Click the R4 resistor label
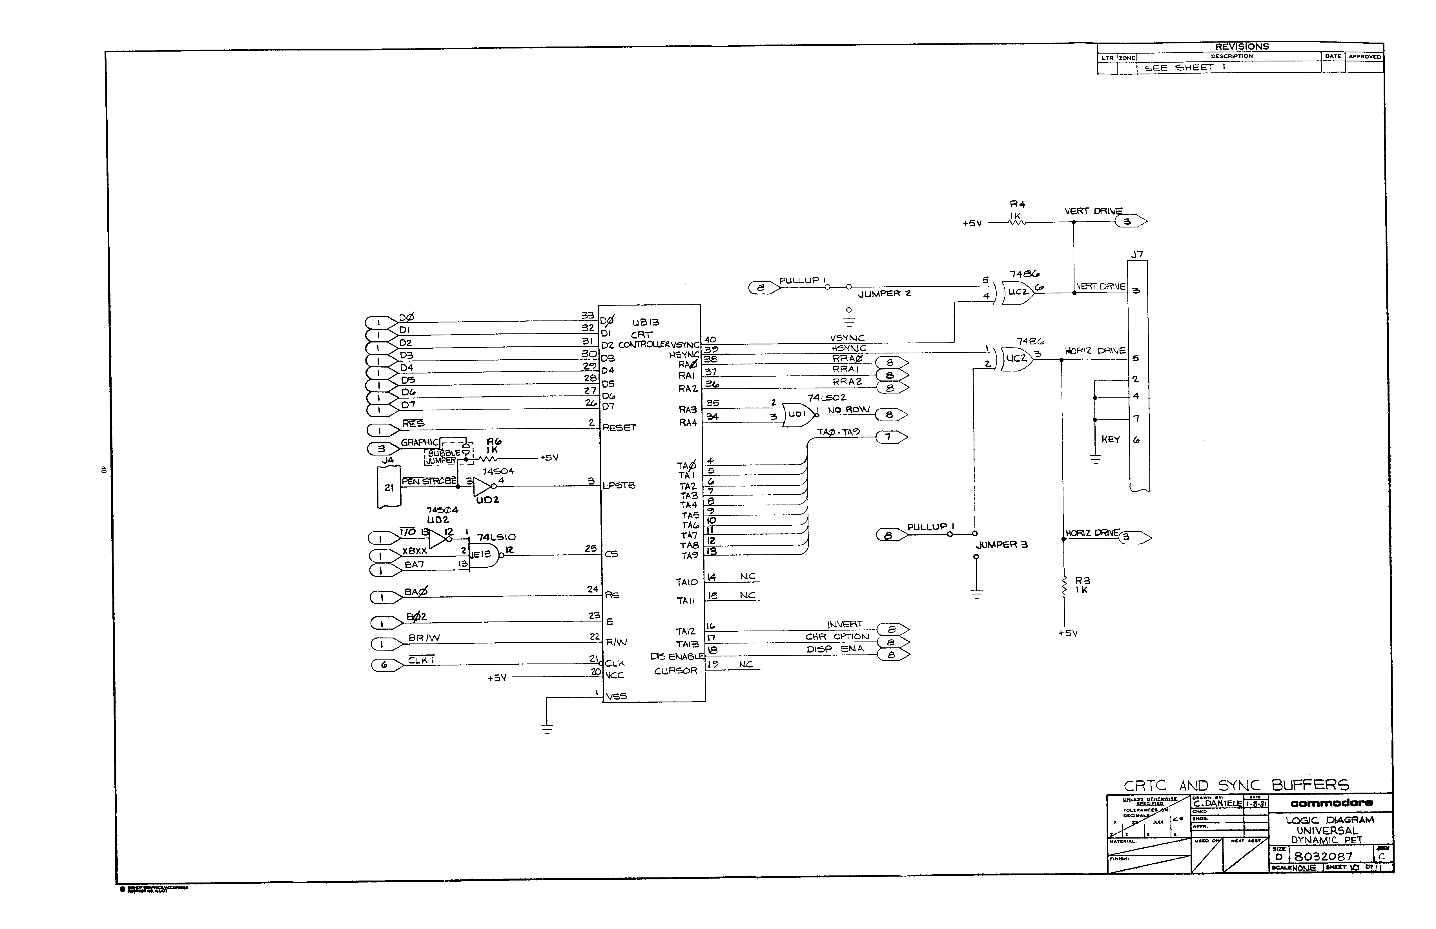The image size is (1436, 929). point(1018,205)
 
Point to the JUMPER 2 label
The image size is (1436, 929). point(884,294)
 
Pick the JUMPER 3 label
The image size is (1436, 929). point(1002,545)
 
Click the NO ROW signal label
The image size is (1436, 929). point(848,410)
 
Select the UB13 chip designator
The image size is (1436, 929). point(645,323)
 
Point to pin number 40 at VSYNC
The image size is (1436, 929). point(710,340)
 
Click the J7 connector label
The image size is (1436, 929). point(1136,255)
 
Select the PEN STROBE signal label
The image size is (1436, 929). point(429,481)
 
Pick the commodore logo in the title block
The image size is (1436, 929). point(1332,803)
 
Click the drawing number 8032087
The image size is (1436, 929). point(1323,856)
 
